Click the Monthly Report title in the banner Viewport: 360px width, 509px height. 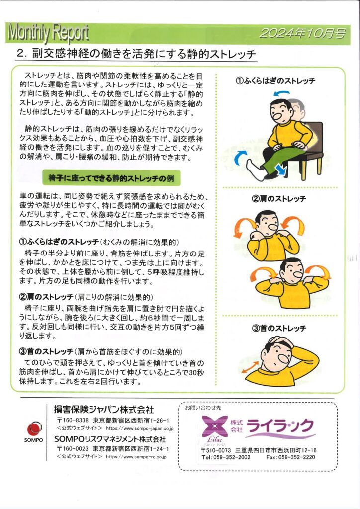tap(48, 33)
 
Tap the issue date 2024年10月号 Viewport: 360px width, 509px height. tap(302, 33)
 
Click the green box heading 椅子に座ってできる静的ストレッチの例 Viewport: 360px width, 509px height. tap(111, 178)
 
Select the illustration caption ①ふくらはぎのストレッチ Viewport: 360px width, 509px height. tap(275, 81)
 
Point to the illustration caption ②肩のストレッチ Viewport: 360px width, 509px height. tap(279, 199)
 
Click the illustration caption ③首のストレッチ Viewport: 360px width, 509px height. tap(279, 328)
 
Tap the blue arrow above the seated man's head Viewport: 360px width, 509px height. tap(281, 93)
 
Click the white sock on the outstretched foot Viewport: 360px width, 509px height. tap(256, 170)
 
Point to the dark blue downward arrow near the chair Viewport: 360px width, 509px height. tap(281, 169)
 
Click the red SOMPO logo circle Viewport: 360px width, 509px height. tap(34, 429)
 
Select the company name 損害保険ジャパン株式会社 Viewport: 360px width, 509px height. tap(104, 410)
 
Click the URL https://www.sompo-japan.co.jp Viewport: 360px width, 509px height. tap(140, 428)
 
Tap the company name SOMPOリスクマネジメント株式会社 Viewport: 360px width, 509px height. tap(110, 439)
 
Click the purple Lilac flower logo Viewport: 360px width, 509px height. tap(215, 426)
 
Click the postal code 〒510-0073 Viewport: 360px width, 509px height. tap(216, 450)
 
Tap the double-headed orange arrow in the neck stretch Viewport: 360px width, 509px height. tap(250, 367)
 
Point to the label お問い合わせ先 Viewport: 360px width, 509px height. tap(203, 408)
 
